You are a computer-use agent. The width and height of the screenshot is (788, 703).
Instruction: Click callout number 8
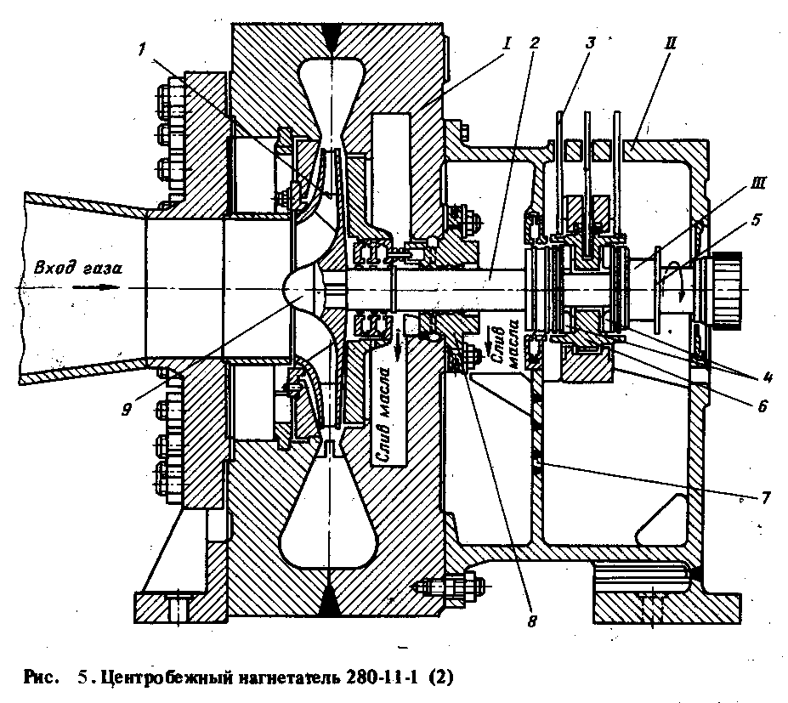[530, 621]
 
